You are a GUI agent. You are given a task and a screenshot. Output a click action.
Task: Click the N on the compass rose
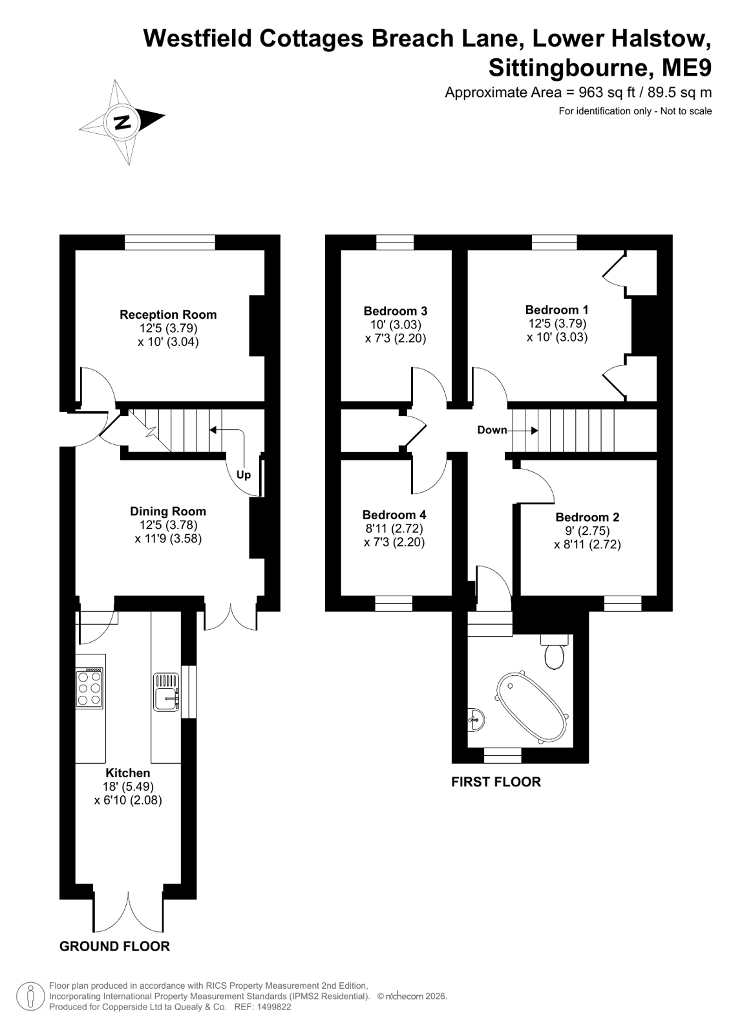click(x=123, y=122)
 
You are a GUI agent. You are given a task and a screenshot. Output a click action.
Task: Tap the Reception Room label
click(x=168, y=314)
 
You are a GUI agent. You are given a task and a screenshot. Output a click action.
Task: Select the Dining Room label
click(x=168, y=511)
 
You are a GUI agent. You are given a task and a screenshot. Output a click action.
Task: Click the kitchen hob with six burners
click(x=90, y=688)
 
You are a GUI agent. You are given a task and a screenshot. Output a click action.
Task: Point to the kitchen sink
click(x=166, y=692)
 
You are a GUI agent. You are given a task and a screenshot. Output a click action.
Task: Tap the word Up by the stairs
click(x=243, y=475)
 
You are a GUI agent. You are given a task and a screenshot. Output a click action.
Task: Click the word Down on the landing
click(x=492, y=430)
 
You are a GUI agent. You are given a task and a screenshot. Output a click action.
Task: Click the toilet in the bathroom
click(x=555, y=651)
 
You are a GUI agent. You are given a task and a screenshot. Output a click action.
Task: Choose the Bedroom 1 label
click(x=556, y=309)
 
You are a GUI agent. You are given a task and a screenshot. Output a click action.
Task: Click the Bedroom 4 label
click(x=394, y=514)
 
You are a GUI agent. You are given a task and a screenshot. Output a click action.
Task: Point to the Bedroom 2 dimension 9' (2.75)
click(x=587, y=530)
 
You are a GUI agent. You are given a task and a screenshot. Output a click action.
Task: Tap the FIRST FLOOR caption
click(x=496, y=782)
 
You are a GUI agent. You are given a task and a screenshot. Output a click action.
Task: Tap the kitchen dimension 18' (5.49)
click(x=128, y=786)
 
